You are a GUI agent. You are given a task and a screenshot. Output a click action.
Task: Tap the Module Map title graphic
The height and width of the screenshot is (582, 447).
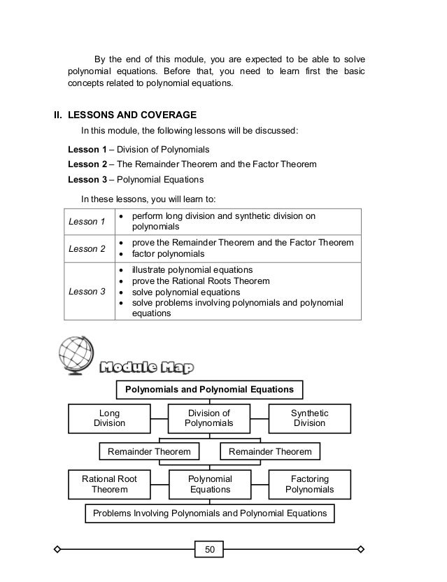[146, 367]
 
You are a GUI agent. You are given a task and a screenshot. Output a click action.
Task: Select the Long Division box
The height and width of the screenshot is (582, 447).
[109, 418]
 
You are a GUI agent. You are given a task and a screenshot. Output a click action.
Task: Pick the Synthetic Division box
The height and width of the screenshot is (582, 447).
[310, 418]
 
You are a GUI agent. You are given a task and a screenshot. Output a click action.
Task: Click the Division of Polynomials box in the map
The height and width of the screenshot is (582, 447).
[209, 418]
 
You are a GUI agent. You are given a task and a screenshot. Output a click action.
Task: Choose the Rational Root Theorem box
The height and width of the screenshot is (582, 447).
[109, 484]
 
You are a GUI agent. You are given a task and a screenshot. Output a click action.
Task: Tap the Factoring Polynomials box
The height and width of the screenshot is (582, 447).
[310, 484]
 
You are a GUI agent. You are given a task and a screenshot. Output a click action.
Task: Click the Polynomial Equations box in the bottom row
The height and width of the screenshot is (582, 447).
[210, 484]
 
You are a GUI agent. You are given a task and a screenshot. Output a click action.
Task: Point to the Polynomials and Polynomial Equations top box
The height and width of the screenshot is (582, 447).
[210, 389]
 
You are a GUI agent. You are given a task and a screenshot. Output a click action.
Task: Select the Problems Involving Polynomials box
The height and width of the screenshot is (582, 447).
[210, 513]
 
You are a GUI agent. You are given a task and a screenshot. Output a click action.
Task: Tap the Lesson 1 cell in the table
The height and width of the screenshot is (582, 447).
[89, 222]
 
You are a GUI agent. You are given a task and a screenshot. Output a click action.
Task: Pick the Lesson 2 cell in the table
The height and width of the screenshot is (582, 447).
[89, 248]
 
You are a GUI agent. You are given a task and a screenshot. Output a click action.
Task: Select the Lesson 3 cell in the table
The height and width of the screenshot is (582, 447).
[89, 292]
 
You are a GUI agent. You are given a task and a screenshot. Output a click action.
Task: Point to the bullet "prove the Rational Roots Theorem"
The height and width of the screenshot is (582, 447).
[199, 281]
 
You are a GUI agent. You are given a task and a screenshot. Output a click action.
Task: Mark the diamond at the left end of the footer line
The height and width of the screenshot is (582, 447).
[59, 548]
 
